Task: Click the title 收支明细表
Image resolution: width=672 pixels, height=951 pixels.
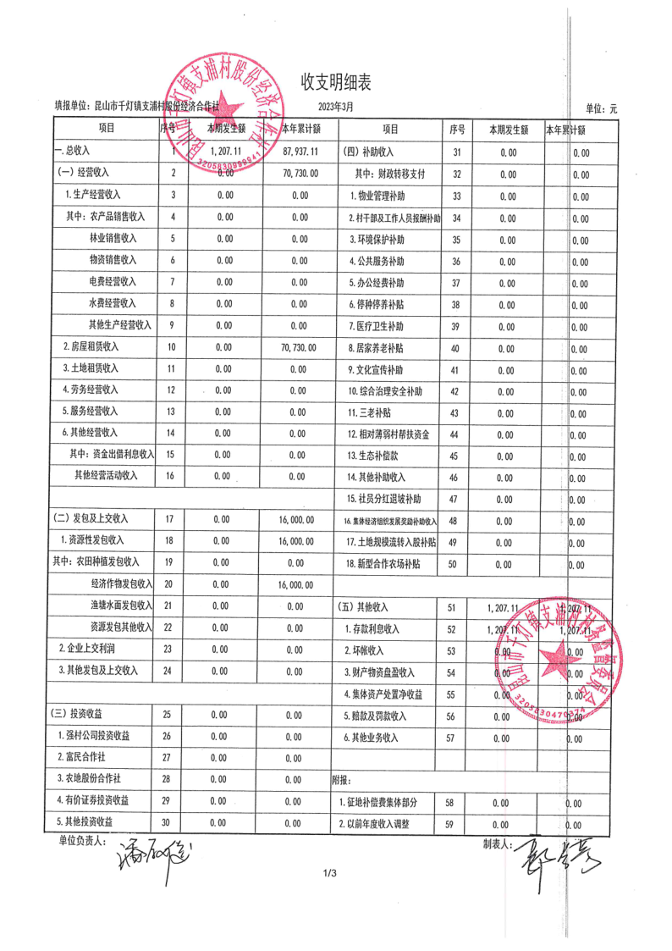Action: pyautogui.click(x=336, y=82)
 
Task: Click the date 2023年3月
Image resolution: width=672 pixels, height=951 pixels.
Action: pyautogui.click(x=335, y=107)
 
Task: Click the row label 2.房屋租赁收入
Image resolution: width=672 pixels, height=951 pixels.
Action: pyautogui.click(x=91, y=346)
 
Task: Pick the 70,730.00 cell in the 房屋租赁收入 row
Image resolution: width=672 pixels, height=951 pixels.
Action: pyautogui.click(x=296, y=347)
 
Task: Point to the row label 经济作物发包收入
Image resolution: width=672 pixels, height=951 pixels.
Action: pyautogui.click(x=121, y=584)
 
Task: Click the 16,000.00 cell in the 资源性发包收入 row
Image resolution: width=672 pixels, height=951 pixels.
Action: pyautogui.click(x=296, y=540)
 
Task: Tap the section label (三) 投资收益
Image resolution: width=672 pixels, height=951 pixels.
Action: pyautogui.click(x=77, y=715)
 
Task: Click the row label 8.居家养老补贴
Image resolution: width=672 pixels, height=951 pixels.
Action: pyautogui.click(x=376, y=347)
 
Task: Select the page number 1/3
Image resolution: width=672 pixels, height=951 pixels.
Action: pyautogui.click(x=330, y=874)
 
